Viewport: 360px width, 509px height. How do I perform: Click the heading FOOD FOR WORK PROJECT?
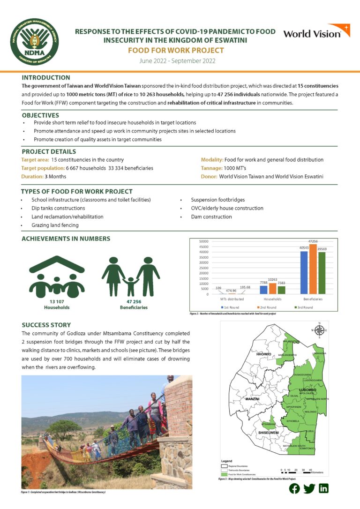tap(176, 51)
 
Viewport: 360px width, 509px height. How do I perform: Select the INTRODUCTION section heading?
tap(46, 77)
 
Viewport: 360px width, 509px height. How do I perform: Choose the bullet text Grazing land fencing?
tap(55, 225)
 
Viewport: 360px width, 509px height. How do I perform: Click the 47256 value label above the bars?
tap(313, 241)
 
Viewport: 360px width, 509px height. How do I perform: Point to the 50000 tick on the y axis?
tap(203, 241)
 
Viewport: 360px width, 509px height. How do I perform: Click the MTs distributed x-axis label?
tap(232, 299)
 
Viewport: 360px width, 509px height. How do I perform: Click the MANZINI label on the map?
tap(252, 399)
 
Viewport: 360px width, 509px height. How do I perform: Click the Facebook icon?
tap(294, 488)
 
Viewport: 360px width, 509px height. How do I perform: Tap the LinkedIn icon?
tap(323, 488)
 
